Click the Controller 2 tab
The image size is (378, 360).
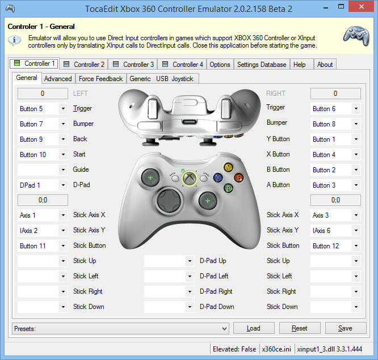[84, 65]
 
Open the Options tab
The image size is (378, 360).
[220, 65]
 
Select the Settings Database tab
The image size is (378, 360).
[262, 65]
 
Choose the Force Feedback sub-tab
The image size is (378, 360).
[100, 79]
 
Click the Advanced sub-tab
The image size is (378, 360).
[58, 79]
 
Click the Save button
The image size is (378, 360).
[345, 328]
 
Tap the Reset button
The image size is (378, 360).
[299, 328]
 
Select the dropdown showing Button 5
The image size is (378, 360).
[43, 109]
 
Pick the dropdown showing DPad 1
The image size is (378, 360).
[43, 185]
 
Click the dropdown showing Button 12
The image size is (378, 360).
[335, 246]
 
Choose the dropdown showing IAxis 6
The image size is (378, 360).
[335, 231]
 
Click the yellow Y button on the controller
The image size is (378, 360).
[228, 168]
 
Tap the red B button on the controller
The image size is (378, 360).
[238, 177]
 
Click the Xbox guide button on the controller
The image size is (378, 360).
[189, 180]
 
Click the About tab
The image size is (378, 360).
[325, 65]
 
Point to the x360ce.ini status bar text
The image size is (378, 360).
[276, 349]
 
